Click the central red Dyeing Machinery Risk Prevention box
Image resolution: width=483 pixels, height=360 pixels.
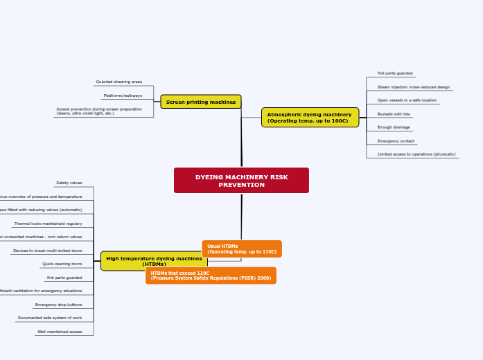[x=241, y=181]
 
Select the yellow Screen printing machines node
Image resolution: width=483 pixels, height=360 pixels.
[x=201, y=102]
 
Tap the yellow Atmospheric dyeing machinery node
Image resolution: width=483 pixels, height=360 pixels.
[x=310, y=117]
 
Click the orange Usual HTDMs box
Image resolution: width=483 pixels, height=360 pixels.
[x=242, y=249]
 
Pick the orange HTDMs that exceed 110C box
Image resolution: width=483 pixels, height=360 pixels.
[x=211, y=276]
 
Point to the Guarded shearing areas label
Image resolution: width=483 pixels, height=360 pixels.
[x=119, y=82]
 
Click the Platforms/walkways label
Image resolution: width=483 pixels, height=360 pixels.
[x=123, y=96]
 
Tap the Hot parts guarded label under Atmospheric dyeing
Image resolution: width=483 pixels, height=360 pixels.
[x=395, y=73]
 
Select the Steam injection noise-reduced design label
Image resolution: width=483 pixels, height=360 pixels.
[x=414, y=87]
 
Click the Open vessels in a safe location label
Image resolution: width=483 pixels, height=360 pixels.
[x=407, y=100]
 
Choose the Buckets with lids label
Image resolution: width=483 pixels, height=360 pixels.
[x=394, y=114]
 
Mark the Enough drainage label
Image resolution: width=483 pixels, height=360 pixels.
[x=394, y=127]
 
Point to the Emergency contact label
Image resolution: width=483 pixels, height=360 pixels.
[x=396, y=141]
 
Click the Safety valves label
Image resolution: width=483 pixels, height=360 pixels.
[x=69, y=183]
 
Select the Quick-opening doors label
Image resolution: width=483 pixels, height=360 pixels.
[x=62, y=264]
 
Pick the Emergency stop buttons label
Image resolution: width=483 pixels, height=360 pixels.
[x=59, y=305]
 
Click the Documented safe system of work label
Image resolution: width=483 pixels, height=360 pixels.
[x=50, y=318]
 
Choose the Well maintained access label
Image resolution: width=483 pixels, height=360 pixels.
[x=60, y=332]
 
